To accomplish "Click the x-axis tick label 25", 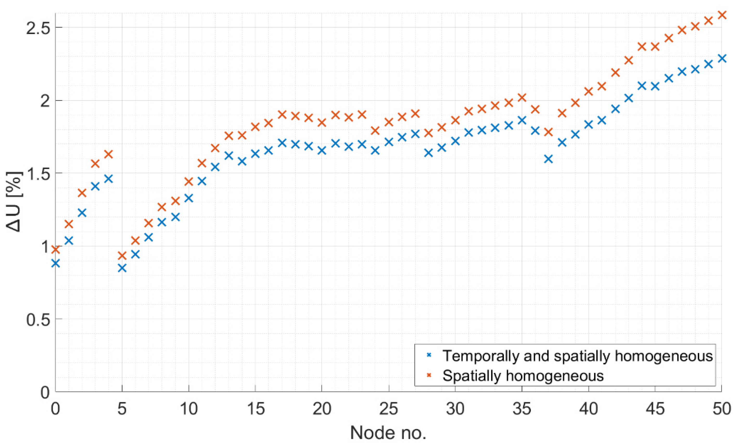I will click(388, 409).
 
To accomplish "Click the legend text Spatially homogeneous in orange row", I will click(523, 375).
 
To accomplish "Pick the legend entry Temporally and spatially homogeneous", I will click(577, 356).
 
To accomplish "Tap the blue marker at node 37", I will click(548, 159).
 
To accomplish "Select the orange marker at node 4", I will click(109, 154).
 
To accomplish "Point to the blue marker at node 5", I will click(122, 268).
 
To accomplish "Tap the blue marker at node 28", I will click(428, 153).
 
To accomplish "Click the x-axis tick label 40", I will click(588, 409).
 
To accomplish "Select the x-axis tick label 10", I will click(188, 409).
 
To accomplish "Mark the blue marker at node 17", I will click(282, 143).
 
